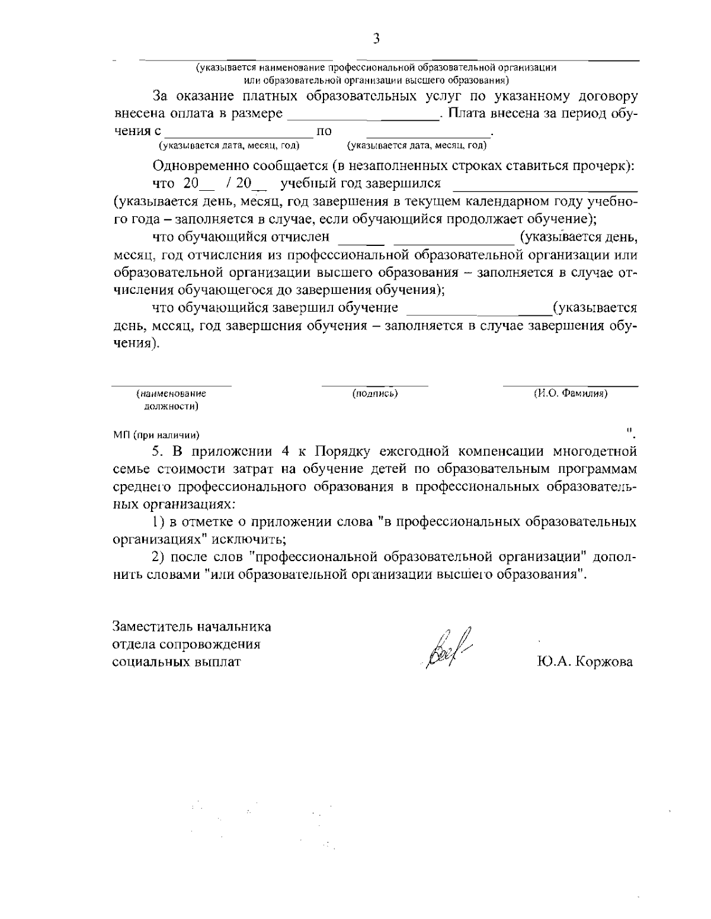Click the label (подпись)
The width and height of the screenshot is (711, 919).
tap(374, 393)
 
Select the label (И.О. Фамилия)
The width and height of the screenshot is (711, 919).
tap(571, 393)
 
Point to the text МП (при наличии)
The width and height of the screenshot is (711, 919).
tap(156, 436)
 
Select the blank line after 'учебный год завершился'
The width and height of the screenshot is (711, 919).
tap(545, 185)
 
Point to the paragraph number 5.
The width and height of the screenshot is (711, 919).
tap(158, 452)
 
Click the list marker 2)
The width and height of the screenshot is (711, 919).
tap(157, 557)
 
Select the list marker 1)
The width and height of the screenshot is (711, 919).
tap(158, 522)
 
